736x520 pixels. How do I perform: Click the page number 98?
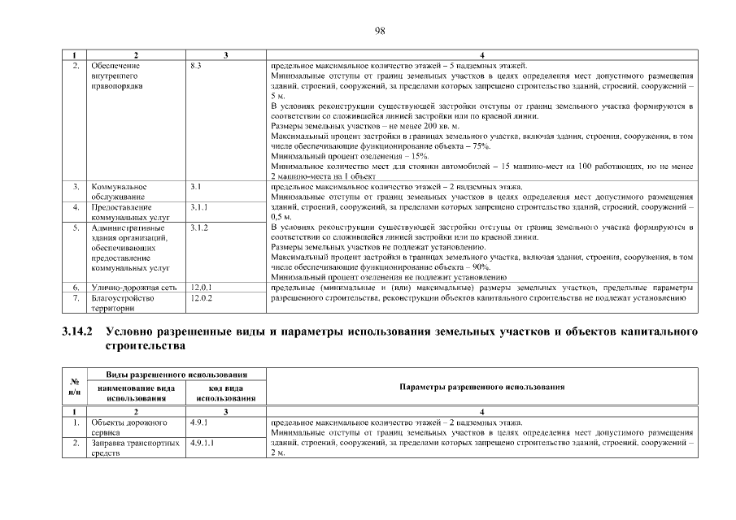tap(379, 31)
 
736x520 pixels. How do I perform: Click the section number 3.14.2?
tap(78, 332)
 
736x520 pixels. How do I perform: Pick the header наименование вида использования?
tap(136, 393)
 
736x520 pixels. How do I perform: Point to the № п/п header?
tap(75, 388)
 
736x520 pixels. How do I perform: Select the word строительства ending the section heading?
tap(145, 346)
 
